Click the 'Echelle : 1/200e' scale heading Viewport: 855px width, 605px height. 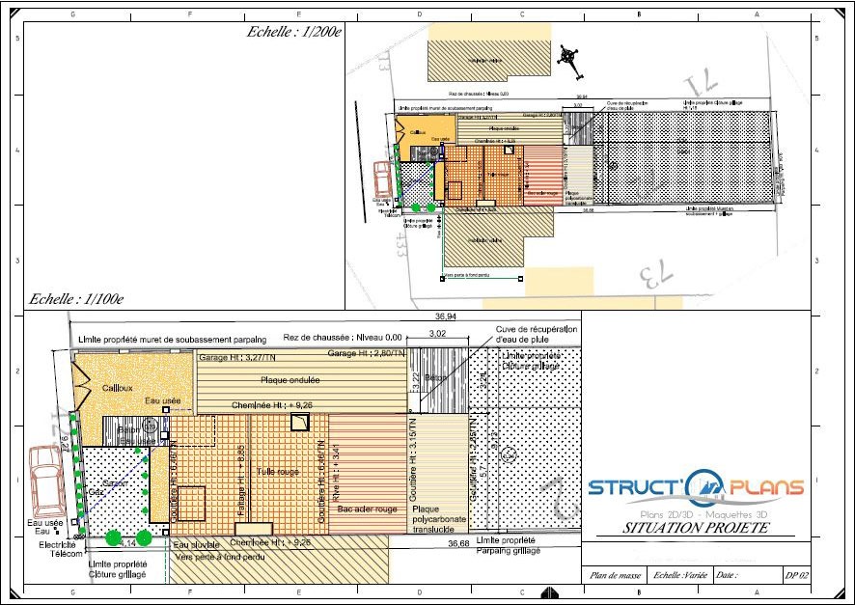[x=294, y=32]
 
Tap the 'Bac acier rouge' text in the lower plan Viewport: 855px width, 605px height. [x=366, y=509]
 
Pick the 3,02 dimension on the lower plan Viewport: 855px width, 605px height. [x=437, y=333]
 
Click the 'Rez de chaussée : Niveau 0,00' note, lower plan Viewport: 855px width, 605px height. [x=343, y=337]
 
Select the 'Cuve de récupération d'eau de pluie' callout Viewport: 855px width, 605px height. [x=537, y=334]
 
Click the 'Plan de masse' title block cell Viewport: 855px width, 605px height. [x=614, y=576]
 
